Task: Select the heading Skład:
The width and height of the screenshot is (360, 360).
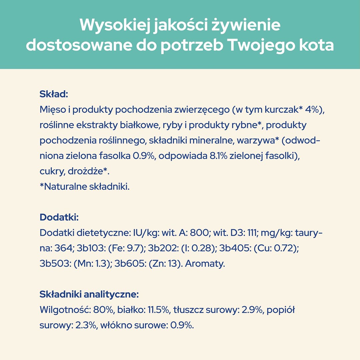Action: (54, 94)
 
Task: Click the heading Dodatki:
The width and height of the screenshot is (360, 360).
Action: (59, 217)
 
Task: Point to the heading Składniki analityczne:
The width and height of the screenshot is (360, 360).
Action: (89, 294)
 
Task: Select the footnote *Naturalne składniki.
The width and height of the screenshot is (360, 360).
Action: (84, 187)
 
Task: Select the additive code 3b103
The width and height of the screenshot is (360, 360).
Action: (90, 248)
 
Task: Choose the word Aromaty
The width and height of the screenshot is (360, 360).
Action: (205, 264)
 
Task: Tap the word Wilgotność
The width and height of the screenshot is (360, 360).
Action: (64, 310)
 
